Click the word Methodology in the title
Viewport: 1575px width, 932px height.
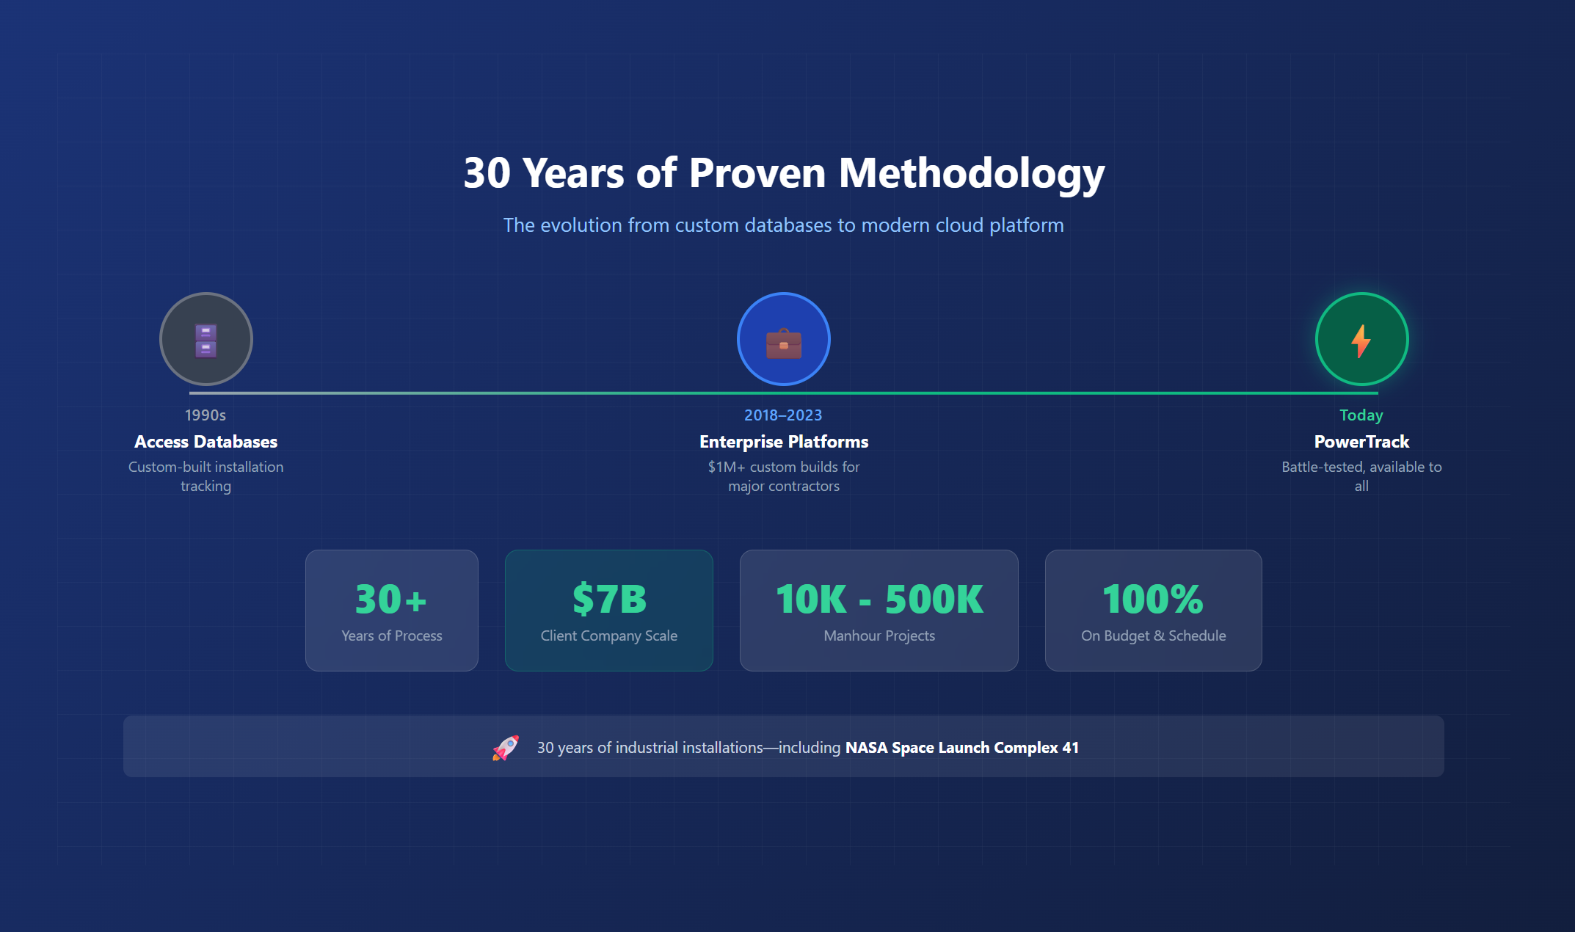(971, 173)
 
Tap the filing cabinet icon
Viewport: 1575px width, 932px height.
(205, 340)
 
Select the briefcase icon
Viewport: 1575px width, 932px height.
(783, 342)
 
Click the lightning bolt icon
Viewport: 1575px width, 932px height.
(1361, 341)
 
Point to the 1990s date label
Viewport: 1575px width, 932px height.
(205, 415)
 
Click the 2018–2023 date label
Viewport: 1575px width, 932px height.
(783, 415)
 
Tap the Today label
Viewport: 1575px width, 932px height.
(1361, 415)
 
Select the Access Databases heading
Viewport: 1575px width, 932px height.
(205, 442)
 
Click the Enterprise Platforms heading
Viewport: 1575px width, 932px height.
(784, 442)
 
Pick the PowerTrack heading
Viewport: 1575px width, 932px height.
(1361, 442)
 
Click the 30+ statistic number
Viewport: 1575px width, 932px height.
(391, 599)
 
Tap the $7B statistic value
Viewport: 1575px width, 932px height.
(609, 599)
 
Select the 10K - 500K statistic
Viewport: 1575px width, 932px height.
(879, 599)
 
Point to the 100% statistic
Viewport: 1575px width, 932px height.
(1153, 599)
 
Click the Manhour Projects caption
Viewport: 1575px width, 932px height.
(879, 636)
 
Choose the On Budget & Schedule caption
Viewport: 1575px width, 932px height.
(1153, 636)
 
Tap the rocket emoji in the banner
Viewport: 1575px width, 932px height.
(506, 748)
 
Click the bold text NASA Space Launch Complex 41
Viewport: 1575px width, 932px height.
(961, 748)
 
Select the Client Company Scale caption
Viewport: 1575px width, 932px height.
(609, 636)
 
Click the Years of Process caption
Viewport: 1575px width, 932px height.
(391, 636)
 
